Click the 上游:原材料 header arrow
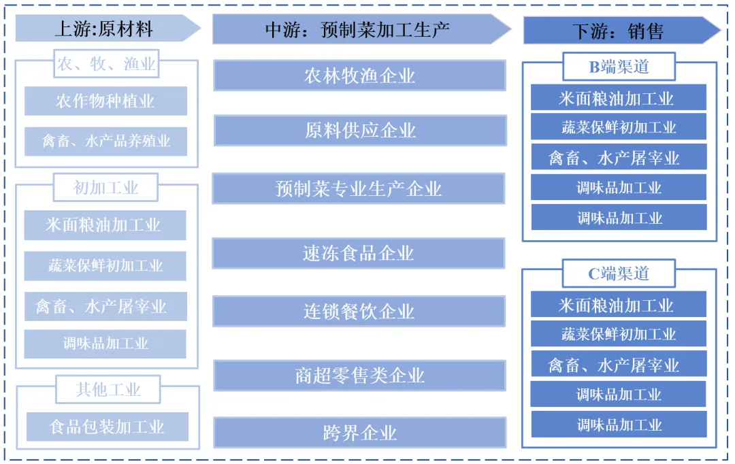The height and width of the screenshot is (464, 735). click(105, 29)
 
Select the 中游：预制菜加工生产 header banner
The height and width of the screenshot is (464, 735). click(359, 29)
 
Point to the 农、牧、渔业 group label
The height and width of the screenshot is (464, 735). click(106, 65)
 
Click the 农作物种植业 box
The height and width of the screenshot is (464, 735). click(105, 101)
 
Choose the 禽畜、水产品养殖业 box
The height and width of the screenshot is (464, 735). click(105, 142)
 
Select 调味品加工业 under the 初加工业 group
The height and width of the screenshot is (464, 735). click(105, 344)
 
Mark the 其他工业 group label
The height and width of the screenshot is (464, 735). click(108, 390)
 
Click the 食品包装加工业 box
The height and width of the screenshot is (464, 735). click(108, 427)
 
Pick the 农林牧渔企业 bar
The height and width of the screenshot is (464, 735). click(359, 76)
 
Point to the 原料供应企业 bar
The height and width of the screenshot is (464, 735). click(360, 130)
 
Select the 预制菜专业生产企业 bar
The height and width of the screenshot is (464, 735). click(359, 188)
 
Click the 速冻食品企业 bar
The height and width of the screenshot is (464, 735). click(359, 254)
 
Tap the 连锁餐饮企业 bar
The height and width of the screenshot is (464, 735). click(359, 312)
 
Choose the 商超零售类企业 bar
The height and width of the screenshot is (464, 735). click(360, 376)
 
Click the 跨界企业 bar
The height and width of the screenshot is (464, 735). click(360, 433)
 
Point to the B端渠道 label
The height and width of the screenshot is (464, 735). click(619, 67)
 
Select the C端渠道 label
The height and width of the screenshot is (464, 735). click(619, 274)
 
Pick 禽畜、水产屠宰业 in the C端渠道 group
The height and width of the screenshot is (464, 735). click(619, 365)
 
